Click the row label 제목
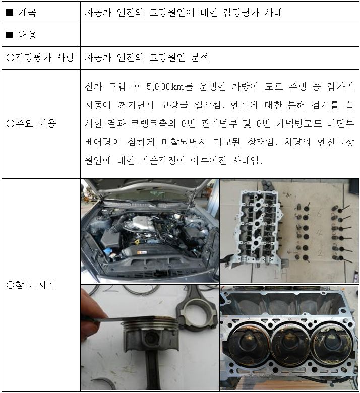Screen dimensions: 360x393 28,12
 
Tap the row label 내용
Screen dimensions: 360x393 28,35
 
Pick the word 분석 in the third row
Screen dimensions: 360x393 199,57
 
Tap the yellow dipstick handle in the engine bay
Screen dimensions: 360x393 137,242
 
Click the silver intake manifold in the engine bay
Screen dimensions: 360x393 143,224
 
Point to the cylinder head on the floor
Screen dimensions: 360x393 258,228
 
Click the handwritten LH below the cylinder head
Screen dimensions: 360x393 281,275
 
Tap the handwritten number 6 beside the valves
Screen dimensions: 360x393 319,213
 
